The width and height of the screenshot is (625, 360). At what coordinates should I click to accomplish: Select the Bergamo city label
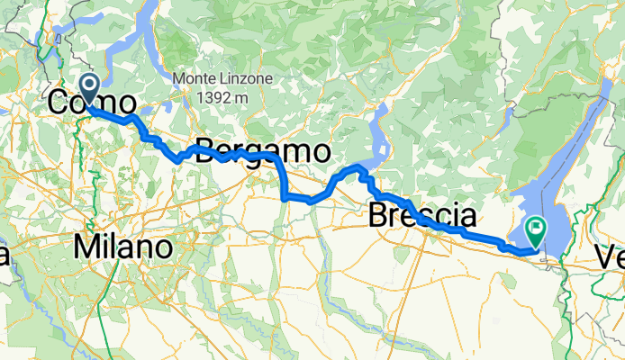point(262,151)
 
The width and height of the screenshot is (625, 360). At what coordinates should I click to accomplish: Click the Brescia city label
point(422,216)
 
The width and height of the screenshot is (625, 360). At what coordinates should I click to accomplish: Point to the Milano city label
point(124,246)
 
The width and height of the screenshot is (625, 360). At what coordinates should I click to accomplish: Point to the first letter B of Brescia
point(379,216)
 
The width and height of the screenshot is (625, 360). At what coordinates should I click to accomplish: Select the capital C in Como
point(57,103)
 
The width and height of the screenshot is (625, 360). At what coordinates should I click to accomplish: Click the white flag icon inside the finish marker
point(537,229)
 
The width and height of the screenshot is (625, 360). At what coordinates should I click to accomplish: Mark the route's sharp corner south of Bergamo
point(285,195)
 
